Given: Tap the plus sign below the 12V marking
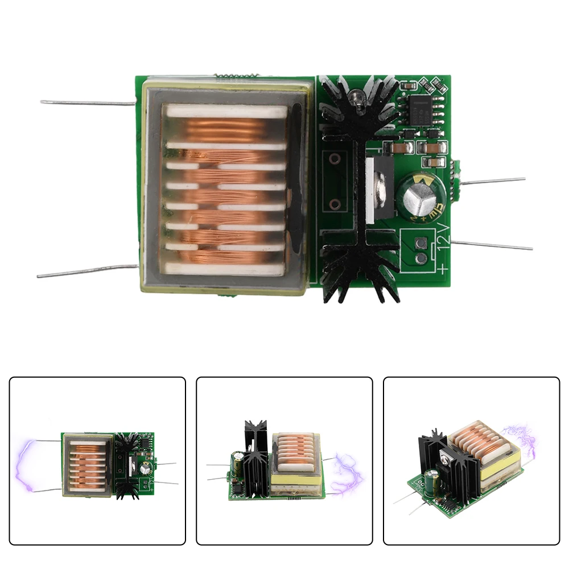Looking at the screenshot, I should coord(443,268).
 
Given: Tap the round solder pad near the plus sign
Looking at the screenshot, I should coord(422,259).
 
